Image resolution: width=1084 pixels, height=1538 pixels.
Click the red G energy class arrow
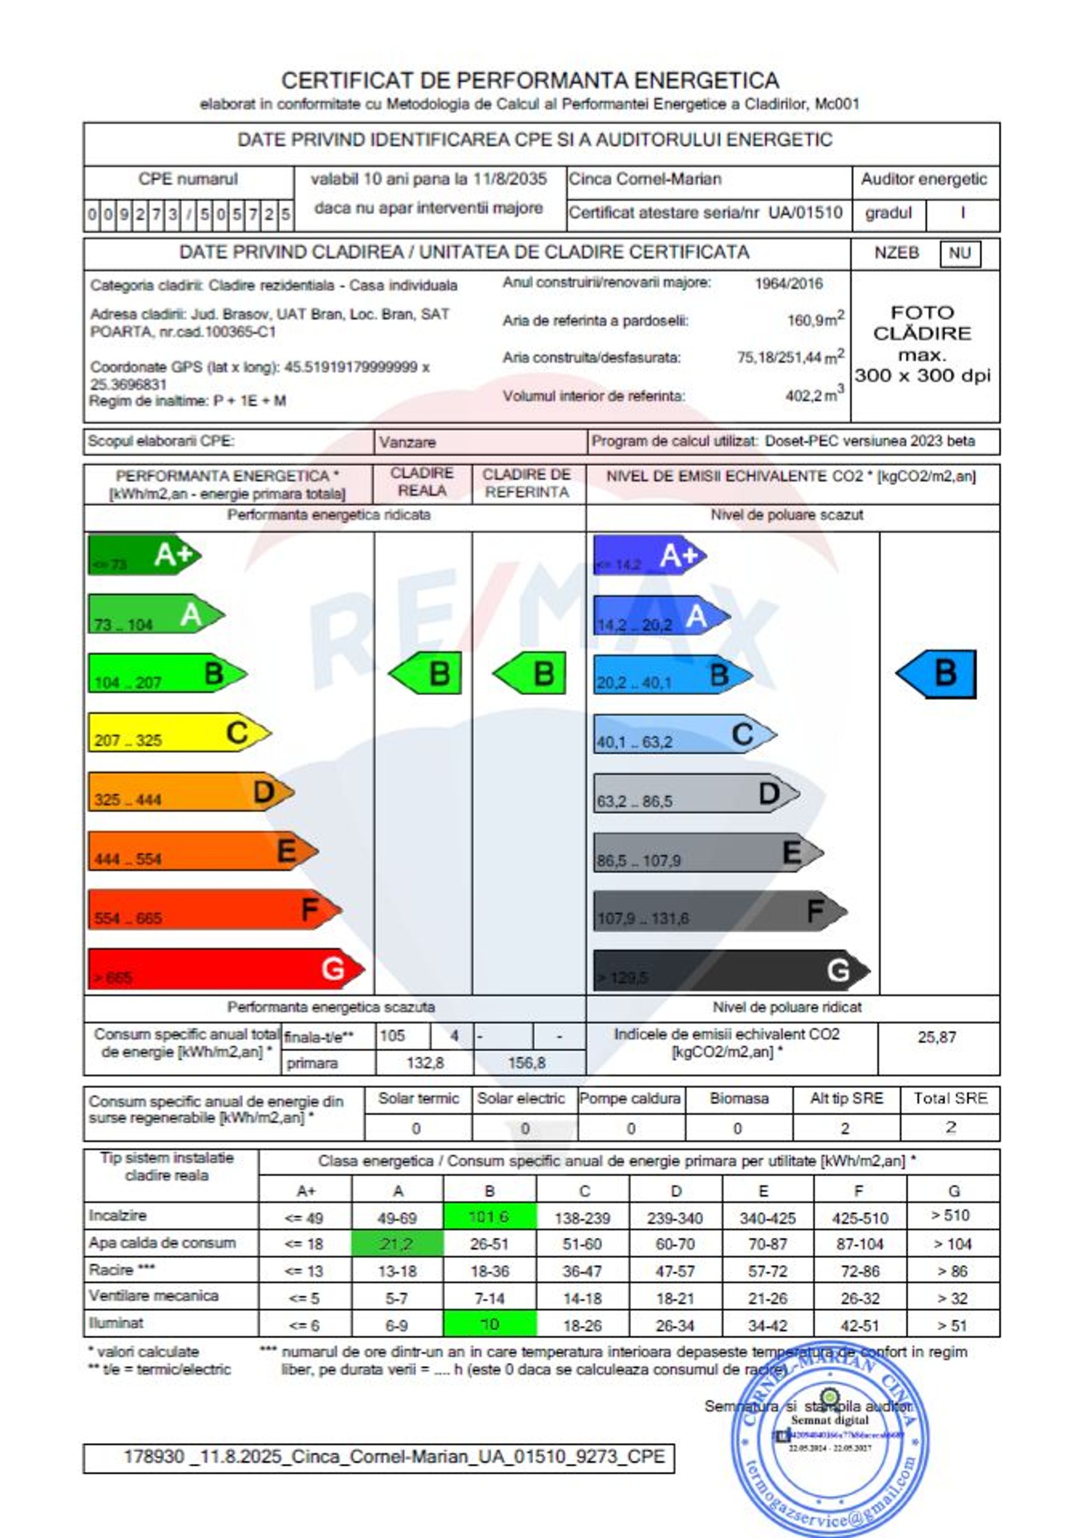point(225,969)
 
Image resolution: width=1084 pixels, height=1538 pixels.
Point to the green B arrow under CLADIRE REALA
point(426,673)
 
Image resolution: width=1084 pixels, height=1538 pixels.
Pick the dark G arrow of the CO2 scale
point(730,970)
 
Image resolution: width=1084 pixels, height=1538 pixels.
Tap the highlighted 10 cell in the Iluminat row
point(489,1325)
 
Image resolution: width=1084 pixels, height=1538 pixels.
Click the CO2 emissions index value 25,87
point(937,1038)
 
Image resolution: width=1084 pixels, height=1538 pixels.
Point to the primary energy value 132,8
point(425,1063)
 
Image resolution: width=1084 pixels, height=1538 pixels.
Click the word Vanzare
point(407,442)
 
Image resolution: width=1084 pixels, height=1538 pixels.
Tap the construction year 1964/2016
point(789,283)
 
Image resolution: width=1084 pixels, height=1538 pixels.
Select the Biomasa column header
point(739,1099)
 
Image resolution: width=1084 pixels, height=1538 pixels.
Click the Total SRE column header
point(950,1099)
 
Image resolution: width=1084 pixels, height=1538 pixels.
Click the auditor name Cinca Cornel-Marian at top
point(645,180)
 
